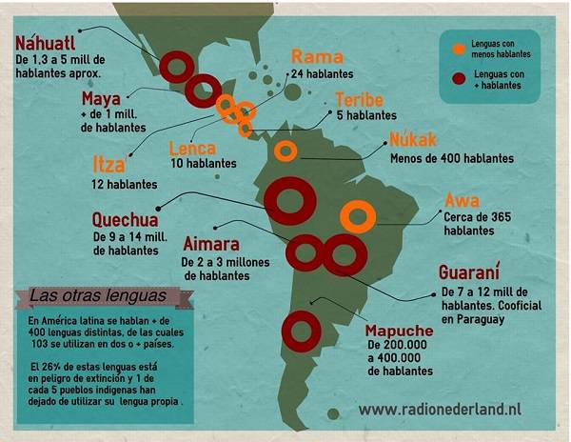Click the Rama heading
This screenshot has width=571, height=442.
316,56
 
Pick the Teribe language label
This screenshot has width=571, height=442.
364,99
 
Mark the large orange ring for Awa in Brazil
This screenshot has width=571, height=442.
357,217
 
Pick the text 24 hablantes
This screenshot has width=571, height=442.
324,73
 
